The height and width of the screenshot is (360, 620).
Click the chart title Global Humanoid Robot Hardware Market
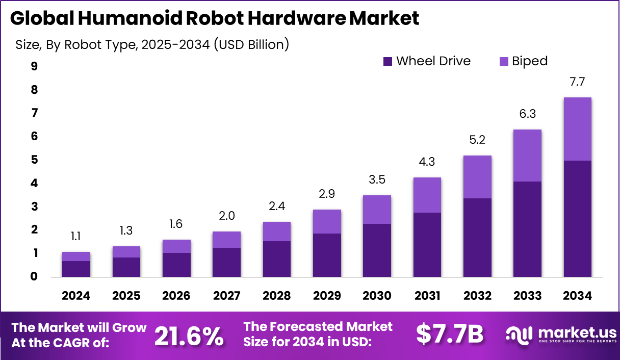(214, 18)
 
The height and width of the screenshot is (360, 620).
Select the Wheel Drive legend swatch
(387, 62)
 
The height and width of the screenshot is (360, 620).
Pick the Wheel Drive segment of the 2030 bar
(377, 250)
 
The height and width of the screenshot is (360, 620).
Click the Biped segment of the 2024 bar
(76, 256)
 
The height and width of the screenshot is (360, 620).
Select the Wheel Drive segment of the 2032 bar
(477, 237)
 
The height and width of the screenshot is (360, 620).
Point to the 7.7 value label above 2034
(577, 82)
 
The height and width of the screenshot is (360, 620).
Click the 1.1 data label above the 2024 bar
(76, 236)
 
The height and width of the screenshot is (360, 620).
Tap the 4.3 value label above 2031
(427, 162)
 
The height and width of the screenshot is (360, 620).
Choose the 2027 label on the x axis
(226, 296)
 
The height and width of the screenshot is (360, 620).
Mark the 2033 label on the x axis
(527, 296)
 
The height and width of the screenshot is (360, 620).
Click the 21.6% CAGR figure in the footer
(189, 336)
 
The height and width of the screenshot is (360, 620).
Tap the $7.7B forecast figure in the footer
(449, 335)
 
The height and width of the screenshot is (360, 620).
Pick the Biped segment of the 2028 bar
(276, 232)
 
